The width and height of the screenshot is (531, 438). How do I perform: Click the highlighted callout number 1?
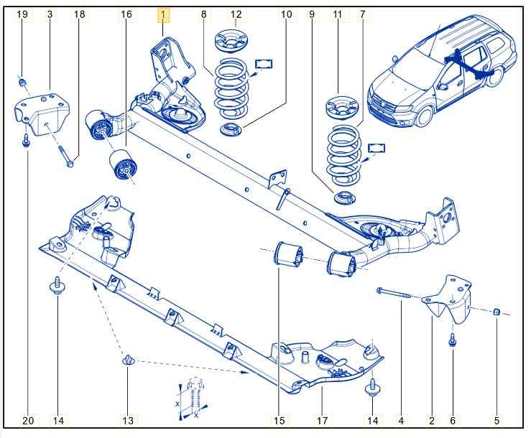(x=163, y=14)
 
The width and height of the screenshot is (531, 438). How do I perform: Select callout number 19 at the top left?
(x=22, y=14)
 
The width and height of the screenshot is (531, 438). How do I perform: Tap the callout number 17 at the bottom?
(x=321, y=420)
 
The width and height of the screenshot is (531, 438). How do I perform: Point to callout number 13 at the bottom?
(x=128, y=420)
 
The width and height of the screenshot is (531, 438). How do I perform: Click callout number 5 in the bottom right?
(x=497, y=420)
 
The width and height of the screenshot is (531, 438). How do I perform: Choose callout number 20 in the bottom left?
(x=28, y=420)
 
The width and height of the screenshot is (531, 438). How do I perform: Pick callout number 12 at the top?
(x=236, y=14)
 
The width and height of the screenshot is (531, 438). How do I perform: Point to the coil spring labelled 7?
(x=344, y=154)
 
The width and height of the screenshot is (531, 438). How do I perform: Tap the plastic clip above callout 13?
(x=128, y=358)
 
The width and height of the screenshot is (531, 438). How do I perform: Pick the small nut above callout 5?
(x=496, y=311)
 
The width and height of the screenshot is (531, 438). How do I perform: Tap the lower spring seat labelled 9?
(x=344, y=197)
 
